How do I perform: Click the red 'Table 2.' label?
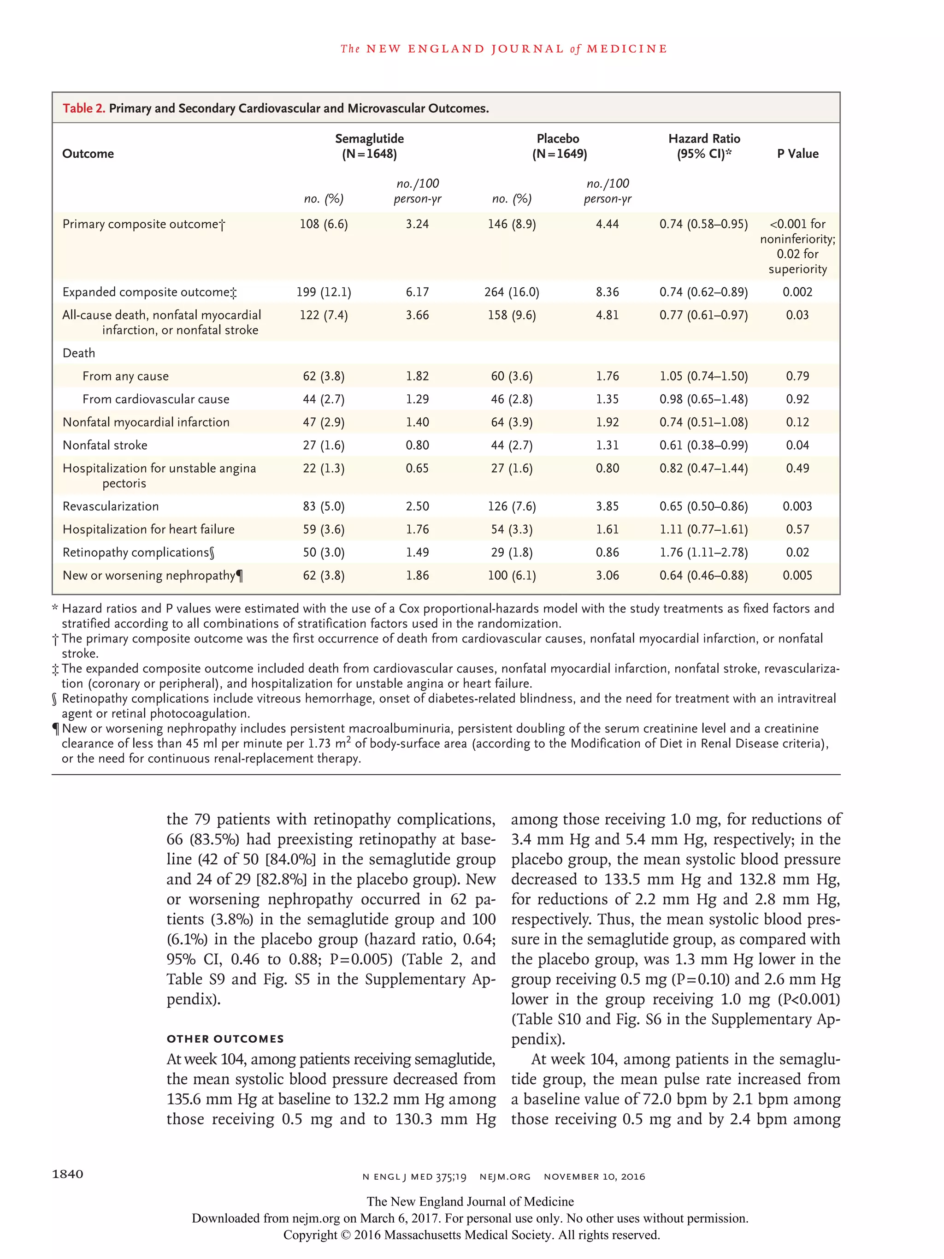point(83,108)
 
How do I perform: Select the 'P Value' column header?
point(797,154)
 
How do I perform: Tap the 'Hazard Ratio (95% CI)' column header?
point(704,146)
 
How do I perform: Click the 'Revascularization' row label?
point(111,506)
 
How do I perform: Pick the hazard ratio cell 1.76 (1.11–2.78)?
point(703,552)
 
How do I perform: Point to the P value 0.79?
point(797,376)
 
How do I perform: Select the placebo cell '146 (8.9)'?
point(512,224)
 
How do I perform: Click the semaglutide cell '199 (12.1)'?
point(324,292)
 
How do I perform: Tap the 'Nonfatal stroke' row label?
point(105,445)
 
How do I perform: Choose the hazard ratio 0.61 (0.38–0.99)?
point(703,445)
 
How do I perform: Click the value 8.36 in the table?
point(607,292)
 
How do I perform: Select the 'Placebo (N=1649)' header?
point(559,146)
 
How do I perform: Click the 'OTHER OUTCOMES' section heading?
point(225,1039)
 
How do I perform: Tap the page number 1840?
point(68,1174)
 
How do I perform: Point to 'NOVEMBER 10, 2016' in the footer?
point(594,1176)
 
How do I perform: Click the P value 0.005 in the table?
point(797,576)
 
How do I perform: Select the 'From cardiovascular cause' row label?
point(155,399)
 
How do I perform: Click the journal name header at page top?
point(504,49)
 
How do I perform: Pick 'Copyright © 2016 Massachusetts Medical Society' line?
point(471,1235)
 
